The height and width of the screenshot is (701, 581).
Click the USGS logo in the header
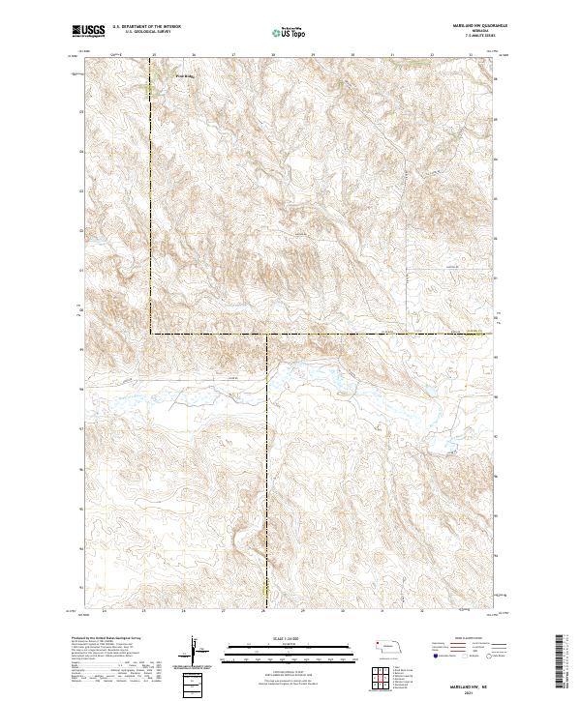89,31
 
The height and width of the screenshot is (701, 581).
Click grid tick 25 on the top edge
153,55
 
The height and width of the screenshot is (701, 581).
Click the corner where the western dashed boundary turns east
151,335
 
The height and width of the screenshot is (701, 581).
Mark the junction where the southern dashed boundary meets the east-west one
267,336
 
